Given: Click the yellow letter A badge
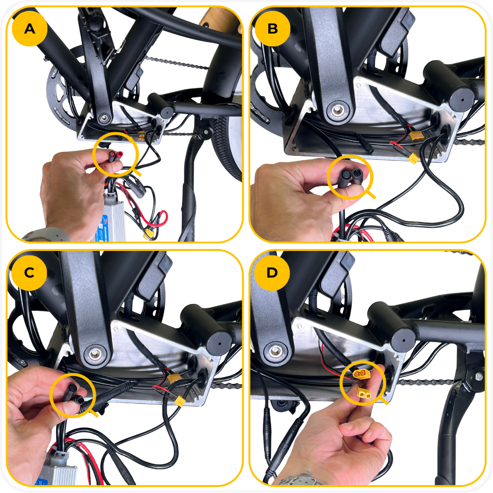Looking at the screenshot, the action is point(30,29).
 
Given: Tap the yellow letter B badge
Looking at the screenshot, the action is point(272,29).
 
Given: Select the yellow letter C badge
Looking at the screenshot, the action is point(29,273).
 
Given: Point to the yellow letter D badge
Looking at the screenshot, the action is point(272,273).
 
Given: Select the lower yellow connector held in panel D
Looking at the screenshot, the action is point(364,393).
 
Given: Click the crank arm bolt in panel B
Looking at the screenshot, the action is point(338,110).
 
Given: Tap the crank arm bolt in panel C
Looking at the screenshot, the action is point(94,353).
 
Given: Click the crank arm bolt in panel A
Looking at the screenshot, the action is point(104,118).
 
